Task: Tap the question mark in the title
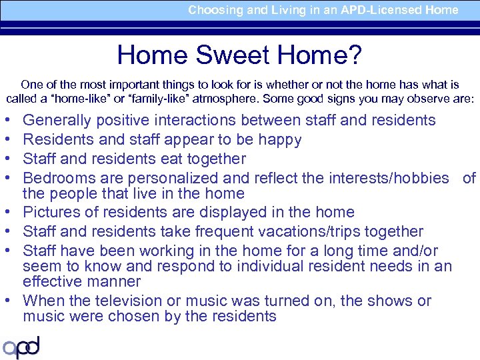coord(355,55)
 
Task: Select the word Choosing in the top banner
coord(211,10)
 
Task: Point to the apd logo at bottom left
coord(21,347)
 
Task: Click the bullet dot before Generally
coord(7,121)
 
